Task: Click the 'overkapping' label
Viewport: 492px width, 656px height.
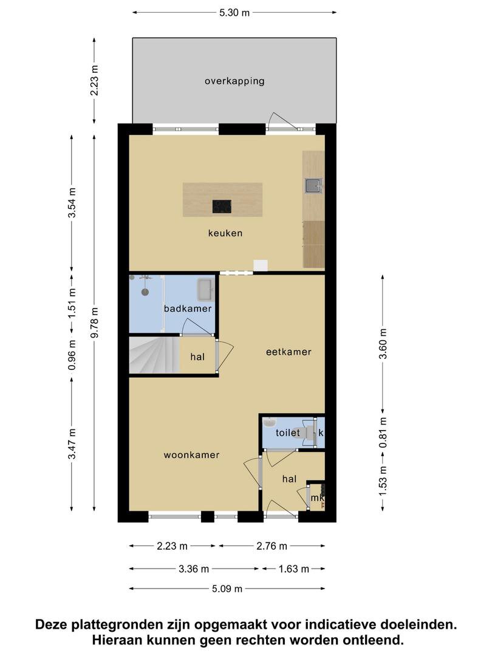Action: click(x=234, y=81)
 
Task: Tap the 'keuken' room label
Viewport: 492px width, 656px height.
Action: click(x=225, y=233)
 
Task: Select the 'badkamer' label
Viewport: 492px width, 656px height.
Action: click(x=188, y=309)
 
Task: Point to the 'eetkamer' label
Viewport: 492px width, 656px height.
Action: click(x=289, y=352)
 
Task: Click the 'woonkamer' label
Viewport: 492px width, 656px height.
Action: click(x=191, y=455)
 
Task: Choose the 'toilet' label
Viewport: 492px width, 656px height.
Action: click(x=288, y=432)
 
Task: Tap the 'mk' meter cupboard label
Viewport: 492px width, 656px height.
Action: click(x=318, y=498)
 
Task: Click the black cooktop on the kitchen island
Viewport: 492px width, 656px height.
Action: click(x=222, y=207)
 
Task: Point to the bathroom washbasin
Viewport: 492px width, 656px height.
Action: click(x=206, y=290)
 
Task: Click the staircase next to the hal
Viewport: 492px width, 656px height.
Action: click(x=154, y=355)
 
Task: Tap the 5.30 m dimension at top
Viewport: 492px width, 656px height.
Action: click(x=234, y=13)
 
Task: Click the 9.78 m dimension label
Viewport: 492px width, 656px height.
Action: click(x=95, y=323)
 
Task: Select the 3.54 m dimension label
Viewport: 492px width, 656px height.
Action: click(x=72, y=202)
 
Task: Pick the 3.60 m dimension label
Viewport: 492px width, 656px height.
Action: click(x=383, y=344)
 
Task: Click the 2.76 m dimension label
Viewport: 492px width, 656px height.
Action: click(x=272, y=546)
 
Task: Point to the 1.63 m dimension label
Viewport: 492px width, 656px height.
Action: click(x=294, y=569)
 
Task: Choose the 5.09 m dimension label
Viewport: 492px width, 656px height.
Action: click(x=227, y=589)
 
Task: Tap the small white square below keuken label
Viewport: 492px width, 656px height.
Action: click(x=260, y=265)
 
